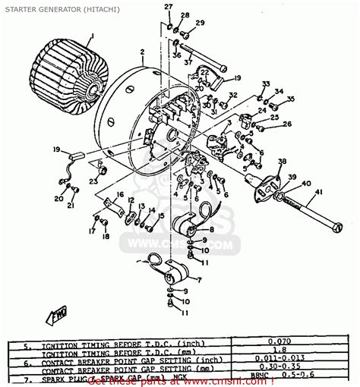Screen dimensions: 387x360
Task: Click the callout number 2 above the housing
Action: [x=142, y=52]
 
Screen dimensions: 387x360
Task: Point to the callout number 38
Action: [x=282, y=162]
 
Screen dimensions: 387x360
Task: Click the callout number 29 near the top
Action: [x=200, y=24]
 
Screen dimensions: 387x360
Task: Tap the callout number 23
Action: [x=93, y=181]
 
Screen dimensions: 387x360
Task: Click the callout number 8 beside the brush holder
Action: [x=210, y=228]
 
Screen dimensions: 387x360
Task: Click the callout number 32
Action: [x=233, y=95]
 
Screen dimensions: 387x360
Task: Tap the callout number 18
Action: [x=105, y=237]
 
